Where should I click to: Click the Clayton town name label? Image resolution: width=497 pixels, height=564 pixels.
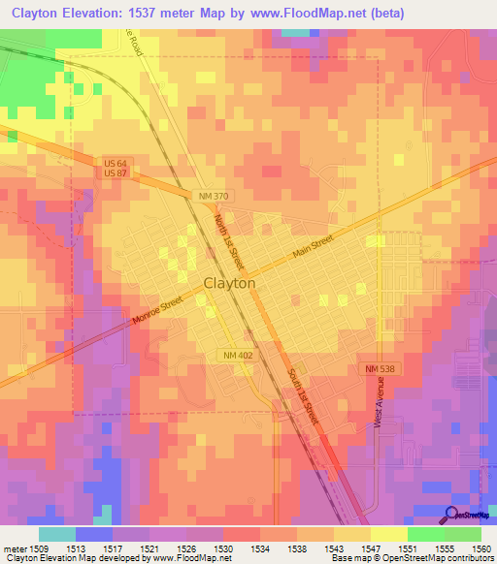[x=230, y=283]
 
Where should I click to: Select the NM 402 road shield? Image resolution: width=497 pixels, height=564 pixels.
[x=236, y=357]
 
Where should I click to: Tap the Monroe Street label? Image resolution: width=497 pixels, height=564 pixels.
[x=158, y=311]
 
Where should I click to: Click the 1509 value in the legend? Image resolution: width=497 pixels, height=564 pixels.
[x=38, y=547]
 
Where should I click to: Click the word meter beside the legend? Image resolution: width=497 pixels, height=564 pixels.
[x=14, y=547]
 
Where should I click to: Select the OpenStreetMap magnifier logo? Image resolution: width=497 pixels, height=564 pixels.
[x=453, y=515]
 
